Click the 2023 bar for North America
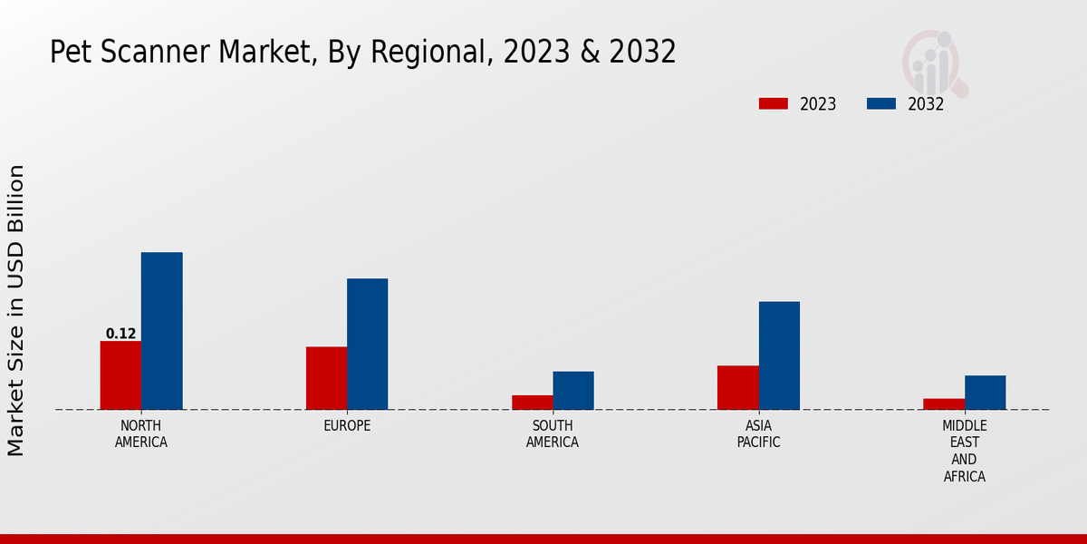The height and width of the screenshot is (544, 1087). pyautogui.click(x=120, y=375)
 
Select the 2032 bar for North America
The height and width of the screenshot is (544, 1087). pyautogui.click(x=161, y=331)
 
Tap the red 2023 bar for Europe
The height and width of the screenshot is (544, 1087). pyautogui.click(x=326, y=378)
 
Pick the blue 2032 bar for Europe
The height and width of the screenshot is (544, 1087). pyautogui.click(x=367, y=344)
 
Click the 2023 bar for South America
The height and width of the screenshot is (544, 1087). pyautogui.click(x=532, y=403)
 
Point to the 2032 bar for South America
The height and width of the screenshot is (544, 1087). pyautogui.click(x=573, y=391)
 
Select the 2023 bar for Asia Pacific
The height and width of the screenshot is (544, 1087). pyautogui.click(x=737, y=387)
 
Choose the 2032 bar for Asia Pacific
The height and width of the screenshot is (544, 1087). pyautogui.click(x=779, y=355)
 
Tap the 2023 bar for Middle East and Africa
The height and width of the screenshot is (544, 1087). pyautogui.click(x=944, y=404)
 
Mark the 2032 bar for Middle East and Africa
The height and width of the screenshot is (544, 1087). pyautogui.click(x=985, y=393)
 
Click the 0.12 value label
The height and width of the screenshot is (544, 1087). pyautogui.click(x=120, y=334)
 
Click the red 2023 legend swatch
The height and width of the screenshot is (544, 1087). pyautogui.click(x=773, y=103)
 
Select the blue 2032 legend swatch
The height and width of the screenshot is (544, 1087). pyautogui.click(x=880, y=103)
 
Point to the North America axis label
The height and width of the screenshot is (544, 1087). pyautogui.click(x=141, y=434)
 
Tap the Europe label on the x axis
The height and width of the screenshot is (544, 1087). pyautogui.click(x=347, y=426)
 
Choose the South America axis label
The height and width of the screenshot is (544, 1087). pyautogui.click(x=553, y=434)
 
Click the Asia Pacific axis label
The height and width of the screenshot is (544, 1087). pyautogui.click(x=758, y=434)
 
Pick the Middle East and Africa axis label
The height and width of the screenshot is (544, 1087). pyautogui.click(x=964, y=451)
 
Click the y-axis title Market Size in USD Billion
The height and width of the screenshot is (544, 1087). pyautogui.click(x=16, y=310)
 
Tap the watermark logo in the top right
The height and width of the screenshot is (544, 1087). pyautogui.click(x=934, y=62)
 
